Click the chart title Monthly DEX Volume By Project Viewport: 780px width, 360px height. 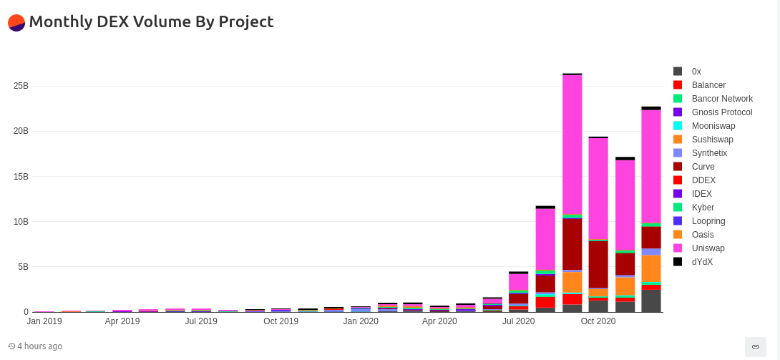151,21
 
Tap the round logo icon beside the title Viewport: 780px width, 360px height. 16,22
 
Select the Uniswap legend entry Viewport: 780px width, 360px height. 708,248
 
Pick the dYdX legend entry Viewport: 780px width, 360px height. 702,262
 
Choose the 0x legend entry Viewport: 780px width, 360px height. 696,72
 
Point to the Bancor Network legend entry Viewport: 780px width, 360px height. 722,99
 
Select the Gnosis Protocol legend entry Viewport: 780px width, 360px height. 722,112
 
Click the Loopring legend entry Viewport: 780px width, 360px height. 708,221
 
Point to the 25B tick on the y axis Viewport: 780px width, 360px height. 21,86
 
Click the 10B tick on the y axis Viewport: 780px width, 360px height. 21,222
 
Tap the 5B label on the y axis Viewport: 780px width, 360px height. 23,267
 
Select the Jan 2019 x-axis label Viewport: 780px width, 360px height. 44,321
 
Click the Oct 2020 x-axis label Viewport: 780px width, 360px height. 598,321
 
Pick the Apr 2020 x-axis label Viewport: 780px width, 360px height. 439,321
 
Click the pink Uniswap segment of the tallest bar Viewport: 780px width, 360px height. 572,143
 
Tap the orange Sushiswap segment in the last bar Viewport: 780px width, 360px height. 651,268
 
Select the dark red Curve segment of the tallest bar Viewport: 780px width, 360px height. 572,243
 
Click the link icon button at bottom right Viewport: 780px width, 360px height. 755,346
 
